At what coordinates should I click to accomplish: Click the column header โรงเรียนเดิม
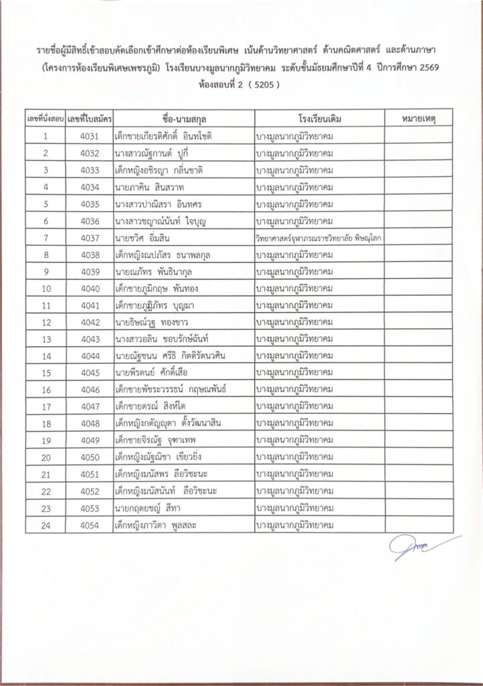[x=317, y=118]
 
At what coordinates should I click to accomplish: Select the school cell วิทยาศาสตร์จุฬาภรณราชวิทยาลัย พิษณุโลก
[x=317, y=238]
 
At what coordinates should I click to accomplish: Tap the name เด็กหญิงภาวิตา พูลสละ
[x=158, y=526]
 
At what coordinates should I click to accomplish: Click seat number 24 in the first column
[x=45, y=526]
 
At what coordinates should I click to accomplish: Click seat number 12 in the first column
[x=45, y=323]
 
